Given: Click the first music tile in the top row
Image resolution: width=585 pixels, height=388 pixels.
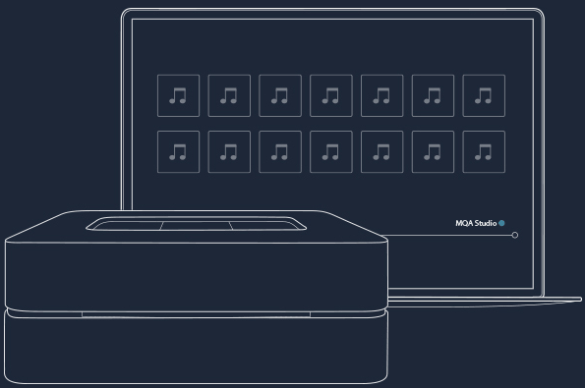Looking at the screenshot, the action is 178,96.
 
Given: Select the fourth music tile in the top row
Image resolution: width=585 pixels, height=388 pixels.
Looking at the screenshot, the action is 331,96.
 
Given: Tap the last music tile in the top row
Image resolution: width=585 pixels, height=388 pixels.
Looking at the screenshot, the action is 484,96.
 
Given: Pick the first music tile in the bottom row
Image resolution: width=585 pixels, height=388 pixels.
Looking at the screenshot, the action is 178,151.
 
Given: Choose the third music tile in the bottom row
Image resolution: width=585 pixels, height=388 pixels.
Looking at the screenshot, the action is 280,151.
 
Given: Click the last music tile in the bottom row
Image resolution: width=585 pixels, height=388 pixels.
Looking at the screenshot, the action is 484,151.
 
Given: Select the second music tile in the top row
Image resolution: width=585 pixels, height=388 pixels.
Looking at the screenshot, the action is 229,96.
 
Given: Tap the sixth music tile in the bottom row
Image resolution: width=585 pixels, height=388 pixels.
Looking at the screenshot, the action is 433,151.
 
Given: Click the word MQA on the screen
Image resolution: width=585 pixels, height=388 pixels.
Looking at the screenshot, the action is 464,223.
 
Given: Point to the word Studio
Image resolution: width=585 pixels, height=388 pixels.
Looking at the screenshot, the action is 486,223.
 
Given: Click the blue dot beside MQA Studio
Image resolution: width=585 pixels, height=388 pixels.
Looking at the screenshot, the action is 501,223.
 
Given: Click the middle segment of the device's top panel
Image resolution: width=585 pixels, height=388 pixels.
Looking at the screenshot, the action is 197,226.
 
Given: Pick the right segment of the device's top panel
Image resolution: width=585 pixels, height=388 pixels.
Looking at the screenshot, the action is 264,225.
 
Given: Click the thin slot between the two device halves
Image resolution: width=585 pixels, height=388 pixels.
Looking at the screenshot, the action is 196,315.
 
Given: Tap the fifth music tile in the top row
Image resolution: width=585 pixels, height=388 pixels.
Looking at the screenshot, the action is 382,96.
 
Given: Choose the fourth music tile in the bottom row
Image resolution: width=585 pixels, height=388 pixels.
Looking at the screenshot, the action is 331,151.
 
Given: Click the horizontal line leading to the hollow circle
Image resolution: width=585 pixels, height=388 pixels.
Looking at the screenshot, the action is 449,235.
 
